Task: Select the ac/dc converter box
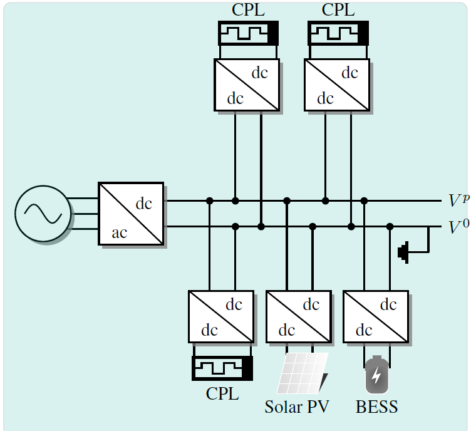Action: [131, 214]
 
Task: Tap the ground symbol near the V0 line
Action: [403, 252]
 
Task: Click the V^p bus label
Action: [458, 200]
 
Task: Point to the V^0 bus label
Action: [458, 226]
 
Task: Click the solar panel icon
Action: [303, 373]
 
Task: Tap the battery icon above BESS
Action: [376, 375]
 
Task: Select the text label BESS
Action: [376, 407]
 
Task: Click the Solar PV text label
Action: [296, 407]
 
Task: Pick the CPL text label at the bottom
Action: [222, 394]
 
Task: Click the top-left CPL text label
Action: [248, 10]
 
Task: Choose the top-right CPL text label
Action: [338, 10]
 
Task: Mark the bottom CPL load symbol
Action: [222, 368]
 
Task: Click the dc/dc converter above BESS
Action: [376, 316]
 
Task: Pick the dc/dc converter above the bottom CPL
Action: [221, 316]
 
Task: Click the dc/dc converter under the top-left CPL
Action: [247, 85]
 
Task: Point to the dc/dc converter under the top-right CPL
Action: [337, 85]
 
